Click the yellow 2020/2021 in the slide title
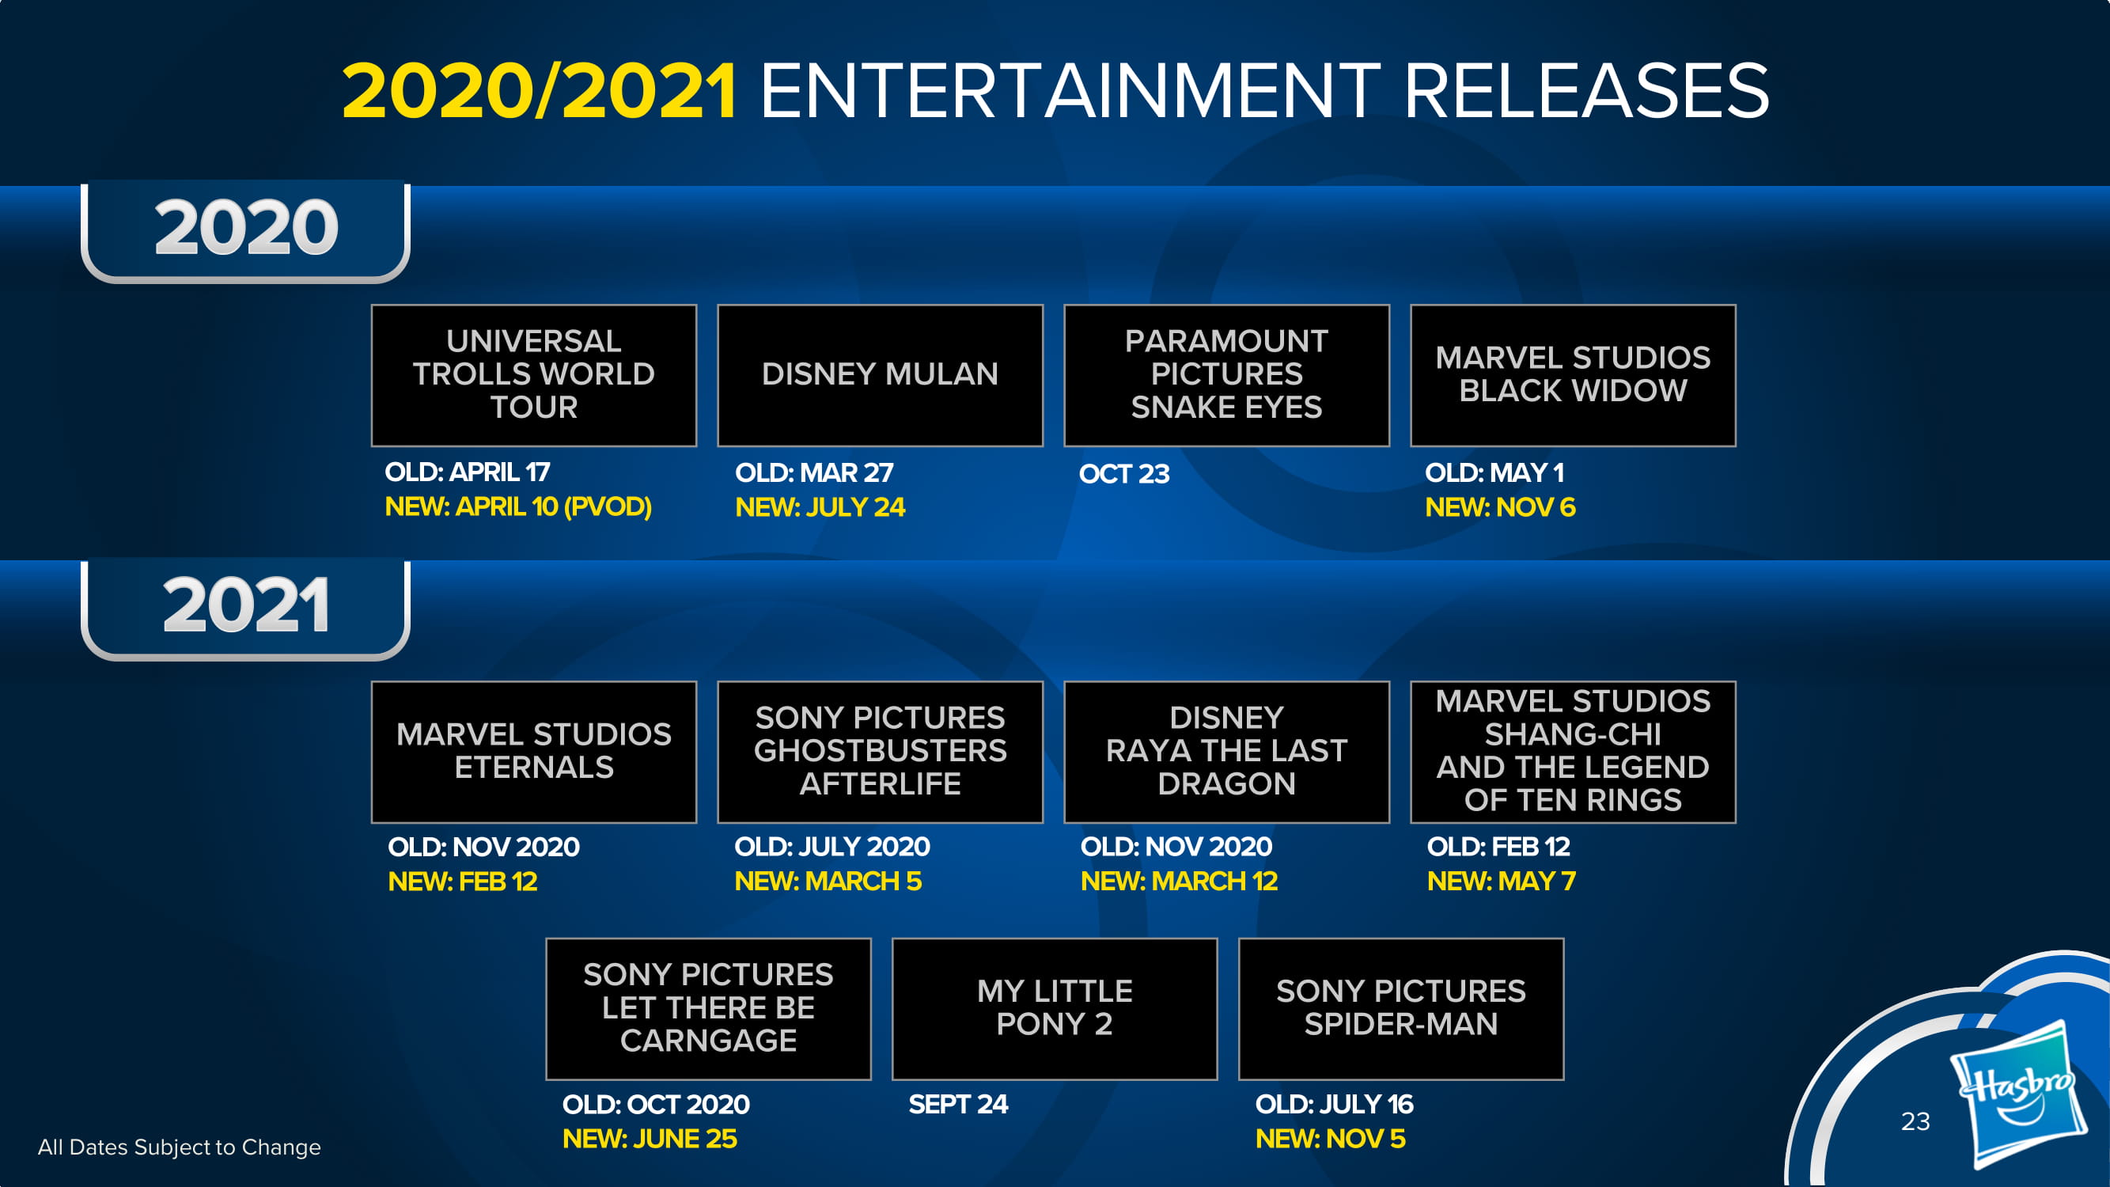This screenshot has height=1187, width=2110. (539, 90)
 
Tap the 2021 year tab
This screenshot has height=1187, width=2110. (246, 609)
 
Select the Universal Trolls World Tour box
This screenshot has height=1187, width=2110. (534, 375)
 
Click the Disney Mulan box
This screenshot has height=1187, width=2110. (881, 375)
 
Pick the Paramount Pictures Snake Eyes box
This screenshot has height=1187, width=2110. (1227, 375)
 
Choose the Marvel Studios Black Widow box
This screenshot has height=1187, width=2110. (1573, 375)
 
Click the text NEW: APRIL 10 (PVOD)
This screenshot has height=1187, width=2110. (518, 507)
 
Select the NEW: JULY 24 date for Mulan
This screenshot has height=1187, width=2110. (820, 507)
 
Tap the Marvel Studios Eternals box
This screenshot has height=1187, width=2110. (534, 752)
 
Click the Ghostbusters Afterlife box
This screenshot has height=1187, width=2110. (881, 752)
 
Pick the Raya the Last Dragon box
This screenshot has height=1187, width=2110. (1227, 752)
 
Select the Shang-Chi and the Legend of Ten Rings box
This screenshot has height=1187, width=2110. (1573, 752)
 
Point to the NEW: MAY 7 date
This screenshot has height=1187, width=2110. (1502, 881)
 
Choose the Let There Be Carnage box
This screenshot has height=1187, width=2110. (709, 1009)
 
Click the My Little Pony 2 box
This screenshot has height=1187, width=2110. (1055, 1009)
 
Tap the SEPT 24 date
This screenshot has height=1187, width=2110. (958, 1104)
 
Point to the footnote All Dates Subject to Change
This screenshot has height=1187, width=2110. (180, 1147)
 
